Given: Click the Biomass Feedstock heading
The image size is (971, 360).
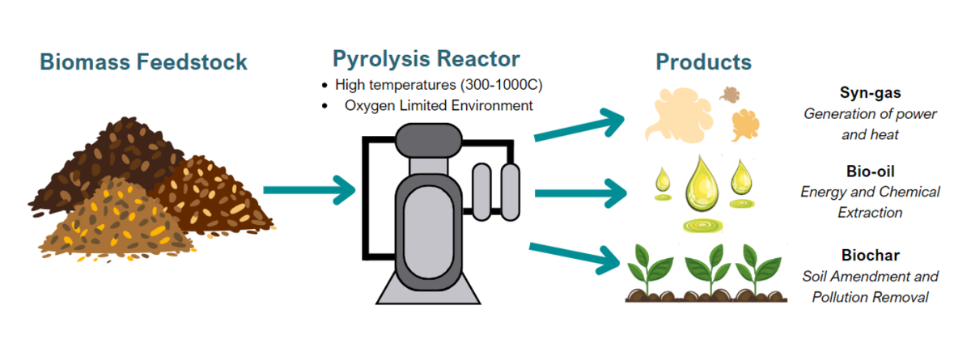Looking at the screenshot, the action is (143, 61).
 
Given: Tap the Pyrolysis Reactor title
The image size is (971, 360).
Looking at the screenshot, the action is (426, 59).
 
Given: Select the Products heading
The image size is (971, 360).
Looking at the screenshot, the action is (703, 62).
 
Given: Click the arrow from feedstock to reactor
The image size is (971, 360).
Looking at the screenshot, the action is (309, 190).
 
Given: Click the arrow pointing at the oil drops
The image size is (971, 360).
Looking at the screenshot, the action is (581, 193).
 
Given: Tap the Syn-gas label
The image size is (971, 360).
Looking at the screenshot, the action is (870, 93).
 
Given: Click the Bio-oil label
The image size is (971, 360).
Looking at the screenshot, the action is (870, 172).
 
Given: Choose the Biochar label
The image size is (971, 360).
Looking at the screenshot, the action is (870, 255).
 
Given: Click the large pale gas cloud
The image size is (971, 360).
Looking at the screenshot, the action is (678, 115).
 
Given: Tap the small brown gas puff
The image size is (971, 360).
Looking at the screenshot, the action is (730, 95).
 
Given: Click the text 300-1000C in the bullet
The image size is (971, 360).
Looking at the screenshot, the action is (501, 85).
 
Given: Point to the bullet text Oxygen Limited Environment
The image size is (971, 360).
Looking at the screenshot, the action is (439, 106).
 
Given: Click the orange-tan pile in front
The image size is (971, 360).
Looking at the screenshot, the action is (117, 220).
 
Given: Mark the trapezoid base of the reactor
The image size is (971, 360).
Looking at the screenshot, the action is (428, 288).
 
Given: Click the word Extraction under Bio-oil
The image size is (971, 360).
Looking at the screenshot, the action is (870, 213).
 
